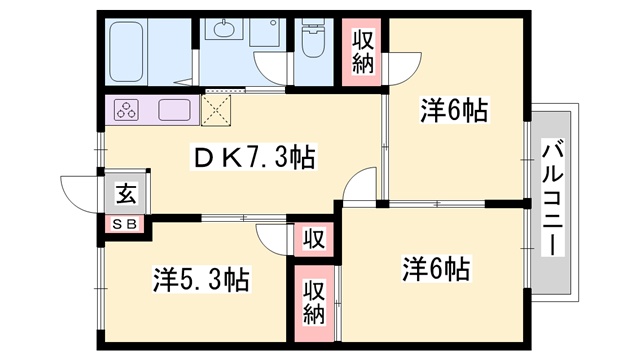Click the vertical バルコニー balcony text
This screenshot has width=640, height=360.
point(552,199)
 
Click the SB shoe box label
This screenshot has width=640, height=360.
point(126,223)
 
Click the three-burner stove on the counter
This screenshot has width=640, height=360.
point(130,110)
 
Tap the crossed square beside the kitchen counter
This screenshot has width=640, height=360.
point(217,108)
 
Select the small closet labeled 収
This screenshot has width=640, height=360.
point(314,240)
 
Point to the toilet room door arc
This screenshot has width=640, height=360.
point(272,68)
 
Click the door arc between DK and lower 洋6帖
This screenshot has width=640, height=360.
point(360,185)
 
